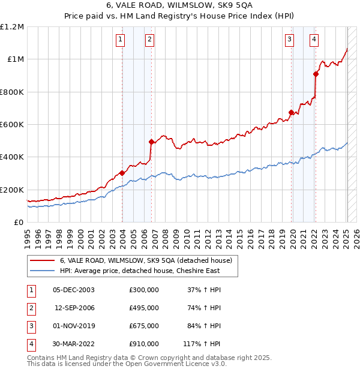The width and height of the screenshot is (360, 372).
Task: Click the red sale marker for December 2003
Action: coord(122,173)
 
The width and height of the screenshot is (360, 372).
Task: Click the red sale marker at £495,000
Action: coord(151,142)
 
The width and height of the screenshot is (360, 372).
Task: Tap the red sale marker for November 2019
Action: coord(291,112)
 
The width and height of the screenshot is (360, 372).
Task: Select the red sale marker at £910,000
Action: coord(316,74)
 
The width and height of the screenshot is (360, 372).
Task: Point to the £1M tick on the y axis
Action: coord(14,59)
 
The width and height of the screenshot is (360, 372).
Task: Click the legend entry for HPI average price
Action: coord(139,271)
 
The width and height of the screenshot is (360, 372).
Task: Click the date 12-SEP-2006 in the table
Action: coord(74,308)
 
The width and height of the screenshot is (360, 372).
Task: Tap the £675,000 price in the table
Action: coord(144,326)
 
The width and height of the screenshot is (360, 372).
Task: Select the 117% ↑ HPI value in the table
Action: coord(202,344)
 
